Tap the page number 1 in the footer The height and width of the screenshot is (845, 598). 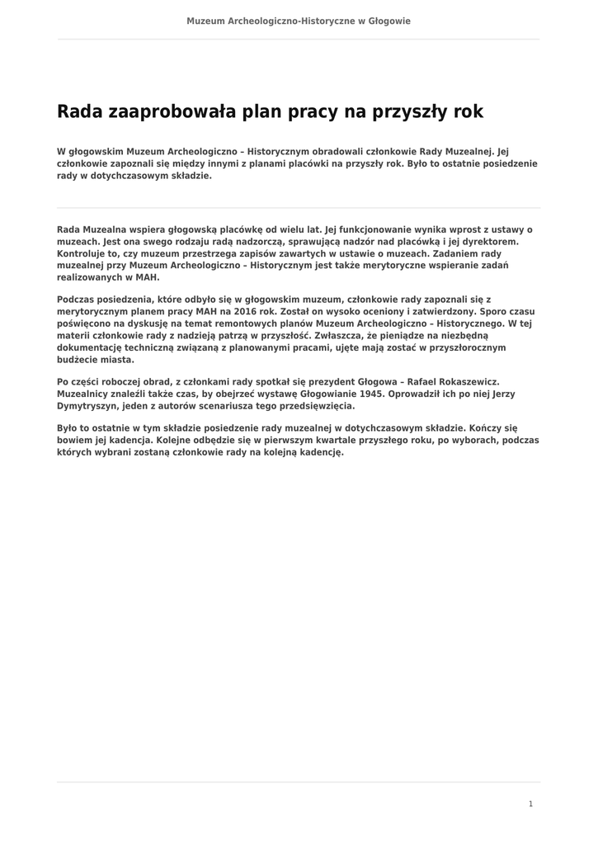point(531,804)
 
